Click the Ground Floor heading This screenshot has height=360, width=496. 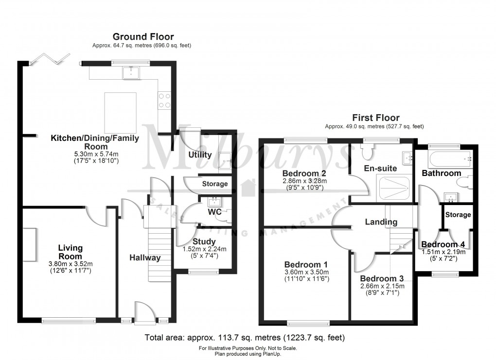[143, 36]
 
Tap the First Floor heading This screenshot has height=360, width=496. [376, 118]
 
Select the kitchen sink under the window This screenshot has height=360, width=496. [131, 72]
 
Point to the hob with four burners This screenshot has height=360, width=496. [163, 100]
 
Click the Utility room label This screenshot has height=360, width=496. [199, 155]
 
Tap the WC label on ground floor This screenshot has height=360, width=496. [215, 213]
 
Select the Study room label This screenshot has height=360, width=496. [204, 241]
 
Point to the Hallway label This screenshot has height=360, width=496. [145, 258]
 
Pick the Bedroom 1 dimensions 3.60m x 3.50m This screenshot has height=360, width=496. [305, 272]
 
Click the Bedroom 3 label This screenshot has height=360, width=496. [382, 279]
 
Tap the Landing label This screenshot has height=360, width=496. [381, 222]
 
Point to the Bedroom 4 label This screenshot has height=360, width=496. [443, 244]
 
